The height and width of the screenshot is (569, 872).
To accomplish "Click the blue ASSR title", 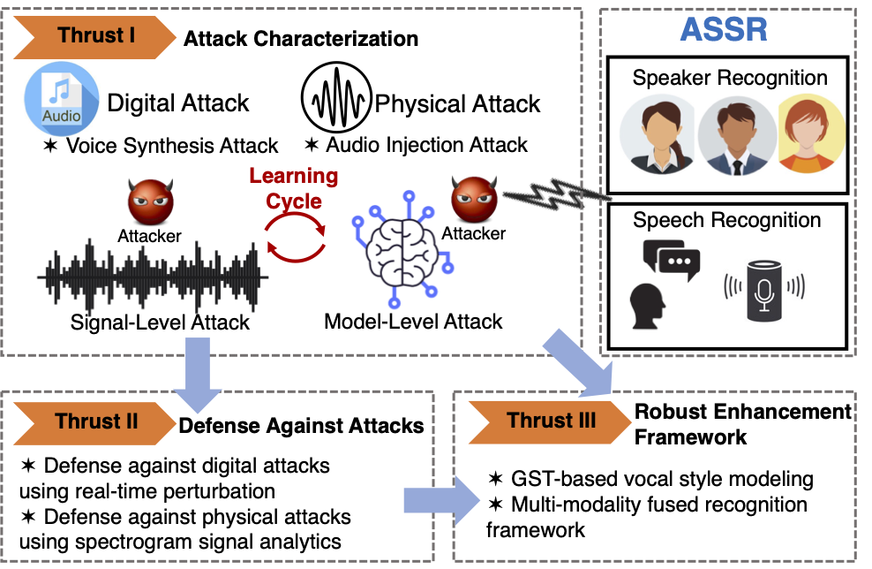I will (724, 30).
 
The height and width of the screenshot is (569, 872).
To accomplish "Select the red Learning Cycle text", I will (293, 188).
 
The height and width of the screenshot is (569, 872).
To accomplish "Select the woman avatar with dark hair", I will (658, 138).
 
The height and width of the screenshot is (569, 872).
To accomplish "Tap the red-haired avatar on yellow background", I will (810, 137).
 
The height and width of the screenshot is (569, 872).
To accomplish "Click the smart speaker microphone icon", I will (764, 287).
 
